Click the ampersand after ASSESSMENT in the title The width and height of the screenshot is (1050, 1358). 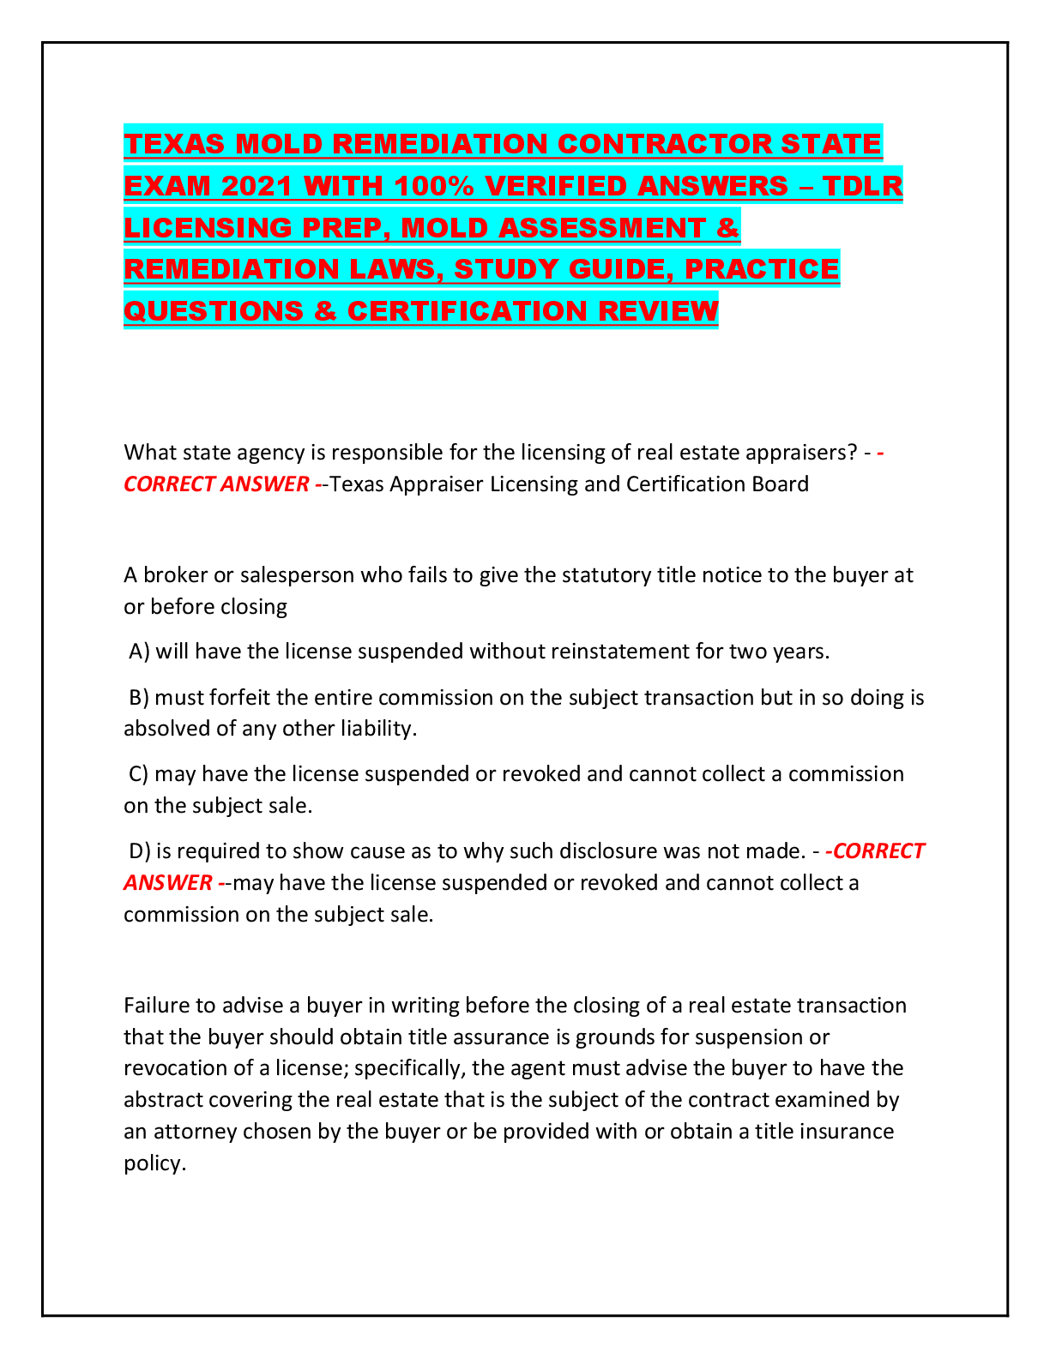tap(727, 227)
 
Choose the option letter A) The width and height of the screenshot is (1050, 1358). tap(139, 652)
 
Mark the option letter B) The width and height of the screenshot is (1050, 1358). tap(139, 698)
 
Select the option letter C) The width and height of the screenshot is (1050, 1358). tap(139, 774)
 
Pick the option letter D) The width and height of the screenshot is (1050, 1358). tap(140, 851)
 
